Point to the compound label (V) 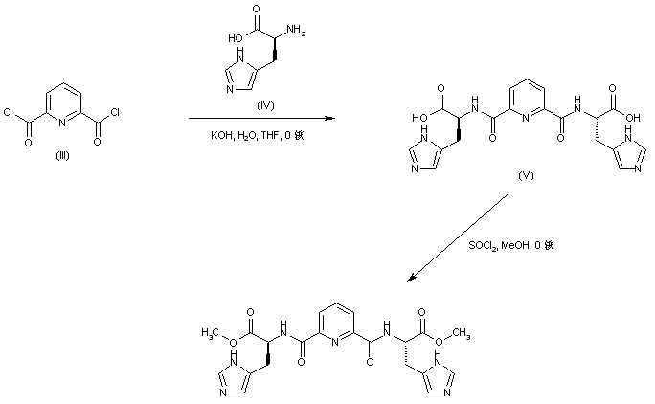coord(524,179)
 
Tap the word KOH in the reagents coord(220,136)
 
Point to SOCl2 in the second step coord(483,245)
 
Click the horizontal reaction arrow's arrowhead coord(331,119)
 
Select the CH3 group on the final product coord(463,332)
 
